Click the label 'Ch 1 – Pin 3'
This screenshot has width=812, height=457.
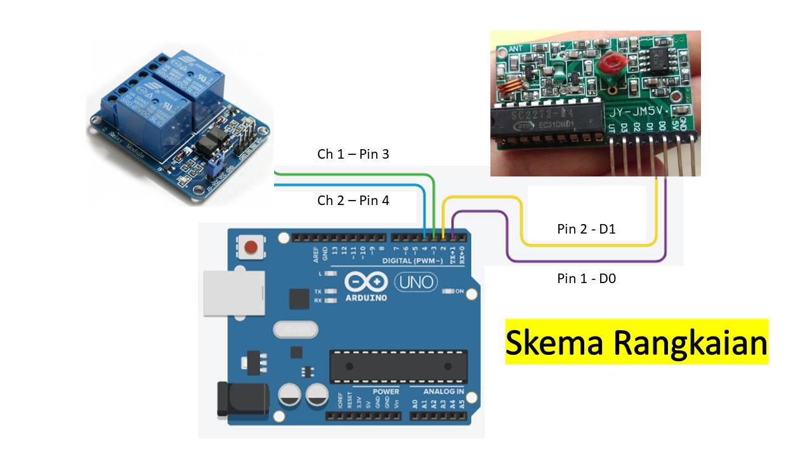[353, 154]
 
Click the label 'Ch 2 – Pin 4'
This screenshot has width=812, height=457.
[353, 201]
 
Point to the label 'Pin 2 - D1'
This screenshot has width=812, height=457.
[586, 229]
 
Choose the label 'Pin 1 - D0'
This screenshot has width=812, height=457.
[586, 278]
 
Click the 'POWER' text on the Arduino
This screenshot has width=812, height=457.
[386, 391]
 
